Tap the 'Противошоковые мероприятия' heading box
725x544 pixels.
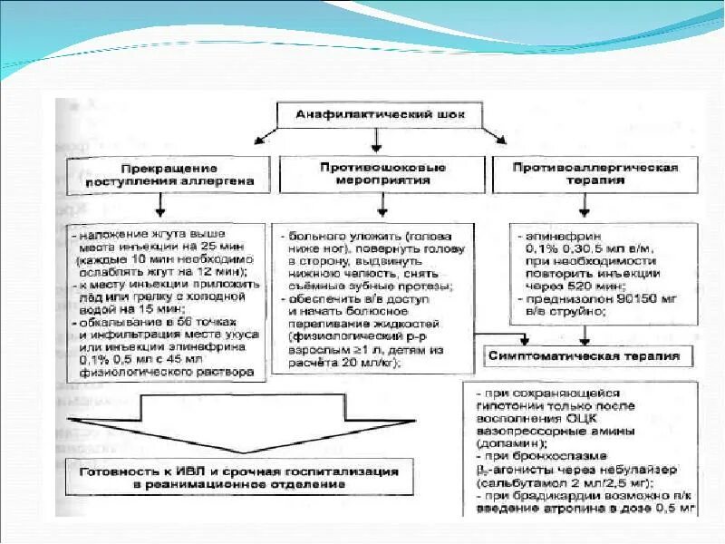(381, 174)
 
